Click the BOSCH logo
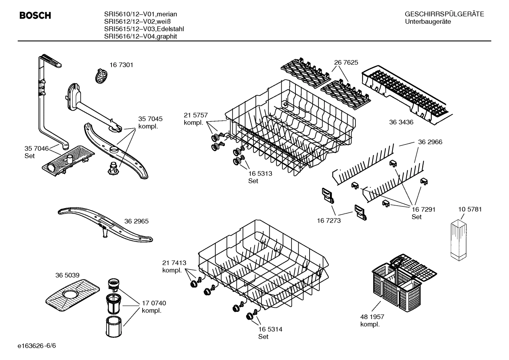point(35,16)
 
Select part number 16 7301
point(121,65)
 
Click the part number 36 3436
point(401,122)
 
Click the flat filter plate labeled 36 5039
point(73,293)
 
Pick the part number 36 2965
point(136,221)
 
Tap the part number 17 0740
point(154,303)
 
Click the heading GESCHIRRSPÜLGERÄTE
point(444,14)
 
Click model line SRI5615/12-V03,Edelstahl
point(144,29)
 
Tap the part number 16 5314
point(270,329)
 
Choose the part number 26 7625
point(346,63)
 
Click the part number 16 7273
point(329,220)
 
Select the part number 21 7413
point(174,263)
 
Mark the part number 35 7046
point(36,148)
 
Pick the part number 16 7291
point(423,209)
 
